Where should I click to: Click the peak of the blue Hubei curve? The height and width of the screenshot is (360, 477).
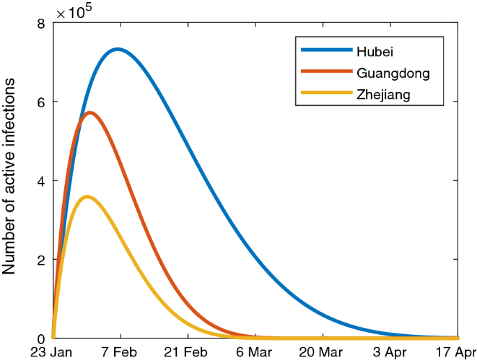(x=118, y=49)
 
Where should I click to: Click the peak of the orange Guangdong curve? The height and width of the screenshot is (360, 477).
(x=89, y=112)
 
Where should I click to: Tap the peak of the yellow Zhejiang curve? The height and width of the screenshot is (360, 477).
(x=86, y=196)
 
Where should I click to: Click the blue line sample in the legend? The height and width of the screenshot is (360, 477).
(x=326, y=50)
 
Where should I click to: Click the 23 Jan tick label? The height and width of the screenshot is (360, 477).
(x=53, y=352)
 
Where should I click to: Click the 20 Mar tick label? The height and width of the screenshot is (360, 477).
(x=323, y=352)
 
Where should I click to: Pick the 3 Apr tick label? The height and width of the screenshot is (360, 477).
(x=391, y=352)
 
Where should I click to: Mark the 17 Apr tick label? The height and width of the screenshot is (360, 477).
(x=456, y=352)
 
